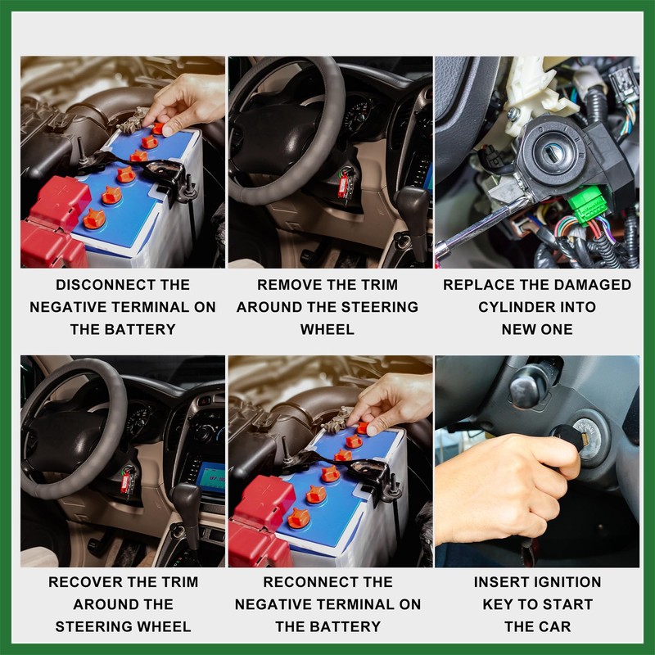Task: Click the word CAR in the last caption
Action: pos(555,626)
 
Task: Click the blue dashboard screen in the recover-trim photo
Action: pos(211,477)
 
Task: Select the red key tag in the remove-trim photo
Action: pos(343,186)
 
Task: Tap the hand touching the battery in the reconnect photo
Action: pos(391,402)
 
